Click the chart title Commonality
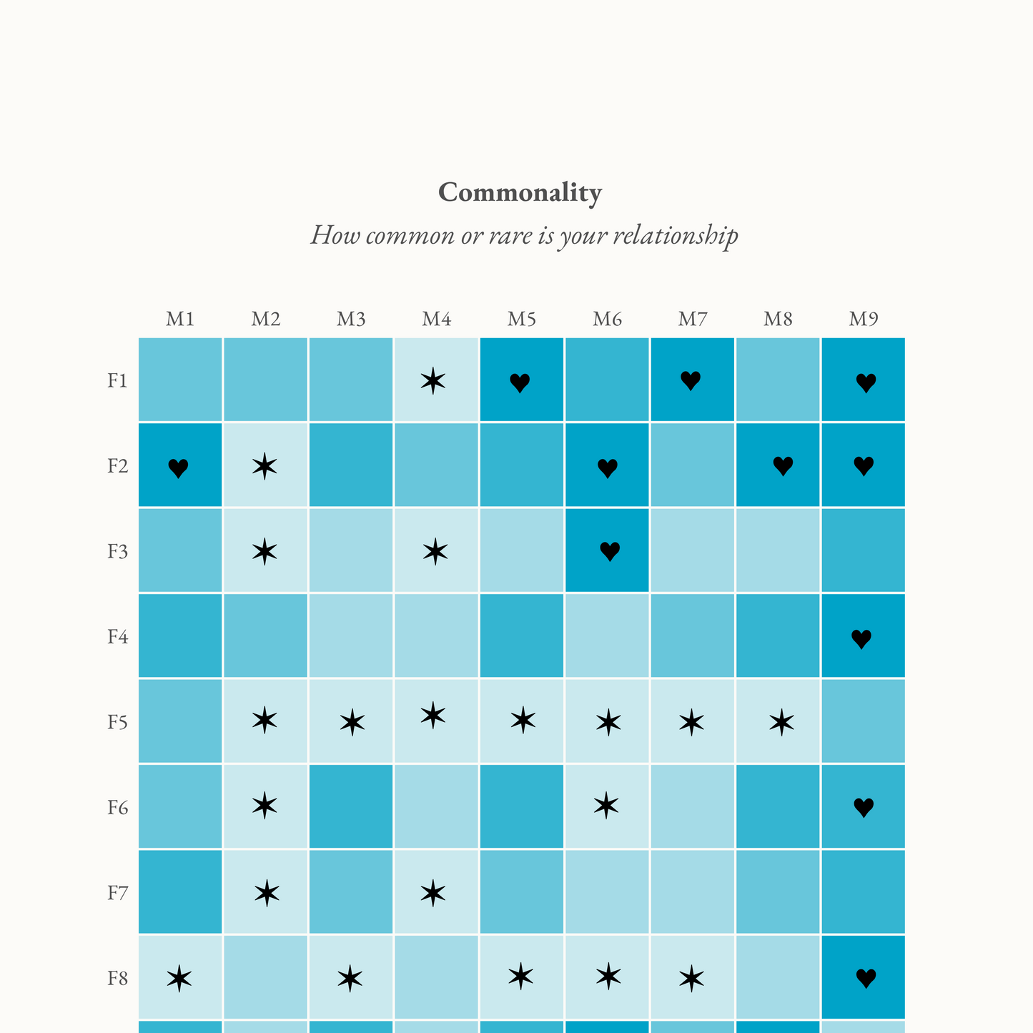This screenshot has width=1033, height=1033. click(x=520, y=192)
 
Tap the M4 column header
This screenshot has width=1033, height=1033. click(x=436, y=319)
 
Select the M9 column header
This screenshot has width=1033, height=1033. click(x=863, y=319)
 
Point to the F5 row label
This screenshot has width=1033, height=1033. click(x=118, y=722)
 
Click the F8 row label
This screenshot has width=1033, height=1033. click(x=118, y=978)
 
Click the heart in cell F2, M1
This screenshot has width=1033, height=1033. click(x=178, y=468)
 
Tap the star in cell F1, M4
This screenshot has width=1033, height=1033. click(x=433, y=381)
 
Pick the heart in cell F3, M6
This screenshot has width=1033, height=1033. click(x=610, y=551)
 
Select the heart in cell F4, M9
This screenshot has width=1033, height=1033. click(x=861, y=639)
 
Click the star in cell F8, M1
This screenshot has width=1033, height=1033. click(x=179, y=978)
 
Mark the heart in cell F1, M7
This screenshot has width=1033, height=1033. click(x=691, y=381)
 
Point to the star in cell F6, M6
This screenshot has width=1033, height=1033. click(x=606, y=806)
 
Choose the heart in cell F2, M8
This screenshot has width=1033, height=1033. click(x=783, y=466)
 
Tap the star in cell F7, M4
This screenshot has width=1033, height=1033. click(x=433, y=893)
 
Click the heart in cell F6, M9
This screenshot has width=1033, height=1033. click(x=864, y=808)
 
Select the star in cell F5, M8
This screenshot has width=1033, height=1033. click(x=781, y=723)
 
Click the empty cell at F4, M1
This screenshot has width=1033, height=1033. click(x=180, y=636)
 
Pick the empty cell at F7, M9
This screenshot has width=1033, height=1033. click(x=863, y=891)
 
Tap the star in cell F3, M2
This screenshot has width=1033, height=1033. click(x=265, y=551)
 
